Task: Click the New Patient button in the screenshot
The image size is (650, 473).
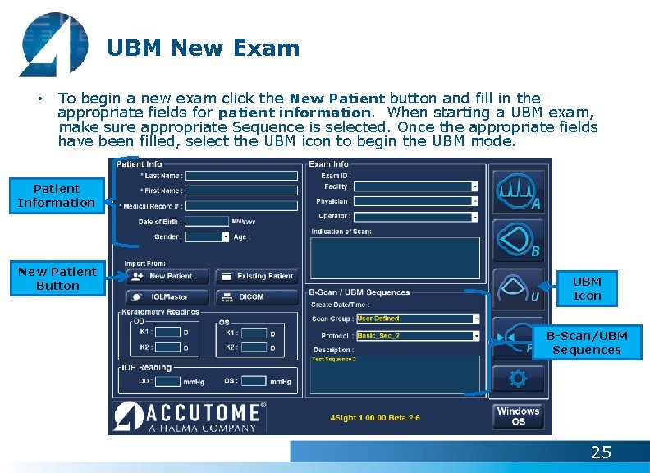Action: pyautogui.click(x=167, y=277)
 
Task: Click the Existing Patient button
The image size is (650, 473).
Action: pyautogui.click(x=256, y=277)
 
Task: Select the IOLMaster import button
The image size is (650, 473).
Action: pyautogui.click(x=167, y=296)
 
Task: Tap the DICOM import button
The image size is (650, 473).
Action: pyautogui.click(x=256, y=296)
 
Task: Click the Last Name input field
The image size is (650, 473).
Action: pyautogui.click(x=241, y=176)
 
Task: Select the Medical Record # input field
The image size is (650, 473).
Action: pyautogui.click(x=241, y=206)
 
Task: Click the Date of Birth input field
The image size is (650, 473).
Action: pyautogui.click(x=208, y=221)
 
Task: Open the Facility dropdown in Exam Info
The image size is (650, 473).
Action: pyautogui.click(x=416, y=186)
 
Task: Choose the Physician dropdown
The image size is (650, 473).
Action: pyautogui.click(x=416, y=201)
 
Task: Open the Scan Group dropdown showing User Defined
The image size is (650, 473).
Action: pyautogui.click(x=418, y=319)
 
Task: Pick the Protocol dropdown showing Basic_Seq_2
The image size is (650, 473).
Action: pyautogui.click(x=418, y=336)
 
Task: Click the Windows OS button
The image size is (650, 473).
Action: pyautogui.click(x=518, y=416)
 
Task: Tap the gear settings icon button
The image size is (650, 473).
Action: pyautogui.click(x=518, y=379)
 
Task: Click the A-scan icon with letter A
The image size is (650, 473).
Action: pyautogui.click(x=518, y=191)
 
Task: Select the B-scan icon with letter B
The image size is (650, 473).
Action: pyautogui.click(x=518, y=240)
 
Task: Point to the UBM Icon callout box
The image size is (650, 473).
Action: pyautogui.click(x=587, y=288)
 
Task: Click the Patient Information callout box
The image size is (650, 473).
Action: pyautogui.click(x=57, y=195)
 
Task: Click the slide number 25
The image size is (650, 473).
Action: pyautogui.click(x=601, y=452)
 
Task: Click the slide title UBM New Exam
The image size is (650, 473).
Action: pyautogui.click(x=203, y=48)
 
